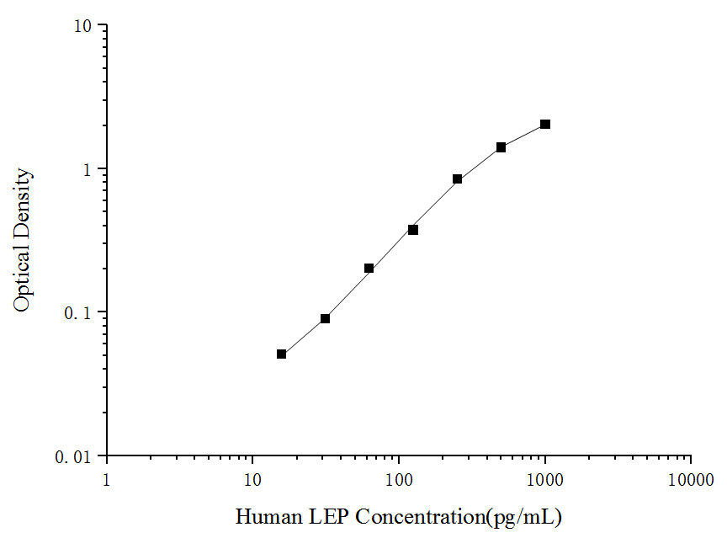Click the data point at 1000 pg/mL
[545, 125]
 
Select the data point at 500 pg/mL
[501, 147]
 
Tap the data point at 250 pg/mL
[458, 179]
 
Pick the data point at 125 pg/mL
[413, 230]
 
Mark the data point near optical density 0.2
[369, 269]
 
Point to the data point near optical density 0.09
[325, 319]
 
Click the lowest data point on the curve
[282, 354]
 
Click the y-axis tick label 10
[82, 26]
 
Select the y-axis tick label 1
[88, 169]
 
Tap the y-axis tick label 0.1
[78, 313]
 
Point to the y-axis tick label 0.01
[74, 457]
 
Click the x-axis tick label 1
[106, 480]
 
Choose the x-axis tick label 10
[252, 480]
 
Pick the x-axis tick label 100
[399, 480]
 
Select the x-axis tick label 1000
[545, 480]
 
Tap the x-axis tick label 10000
[691, 480]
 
